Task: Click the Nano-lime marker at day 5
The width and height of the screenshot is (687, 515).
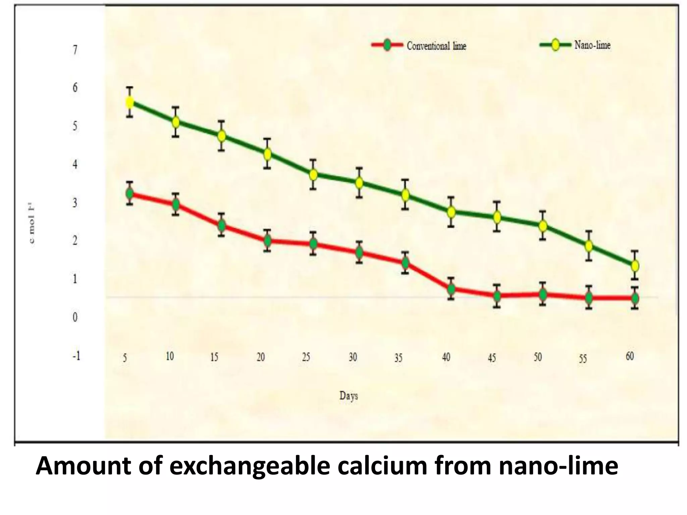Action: (129, 102)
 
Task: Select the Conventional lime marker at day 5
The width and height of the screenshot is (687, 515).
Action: (129, 193)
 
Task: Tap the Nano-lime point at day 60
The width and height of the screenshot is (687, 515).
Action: (635, 266)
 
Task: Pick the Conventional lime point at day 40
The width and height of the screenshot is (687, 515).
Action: (451, 289)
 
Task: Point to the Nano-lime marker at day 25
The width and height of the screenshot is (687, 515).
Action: (313, 175)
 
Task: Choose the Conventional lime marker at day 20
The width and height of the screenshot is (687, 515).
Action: (267, 240)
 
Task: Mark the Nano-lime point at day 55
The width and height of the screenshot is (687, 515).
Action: (589, 246)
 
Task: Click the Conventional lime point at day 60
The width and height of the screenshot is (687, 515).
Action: (635, 298)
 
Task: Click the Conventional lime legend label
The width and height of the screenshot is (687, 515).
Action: (436, 46)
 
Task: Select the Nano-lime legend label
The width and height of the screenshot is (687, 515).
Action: (592, 45)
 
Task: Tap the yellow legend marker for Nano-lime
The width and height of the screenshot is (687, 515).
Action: (555, 45)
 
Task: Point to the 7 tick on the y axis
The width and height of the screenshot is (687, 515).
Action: (75, 50)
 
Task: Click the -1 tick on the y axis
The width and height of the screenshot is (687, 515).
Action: (76, 356)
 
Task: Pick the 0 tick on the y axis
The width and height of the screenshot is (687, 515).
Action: (75, 317)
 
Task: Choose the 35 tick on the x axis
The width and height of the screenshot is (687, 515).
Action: (398, 358)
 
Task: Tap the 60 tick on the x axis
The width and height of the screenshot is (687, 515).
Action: (629, 356)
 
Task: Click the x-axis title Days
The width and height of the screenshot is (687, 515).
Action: (349, 396)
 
